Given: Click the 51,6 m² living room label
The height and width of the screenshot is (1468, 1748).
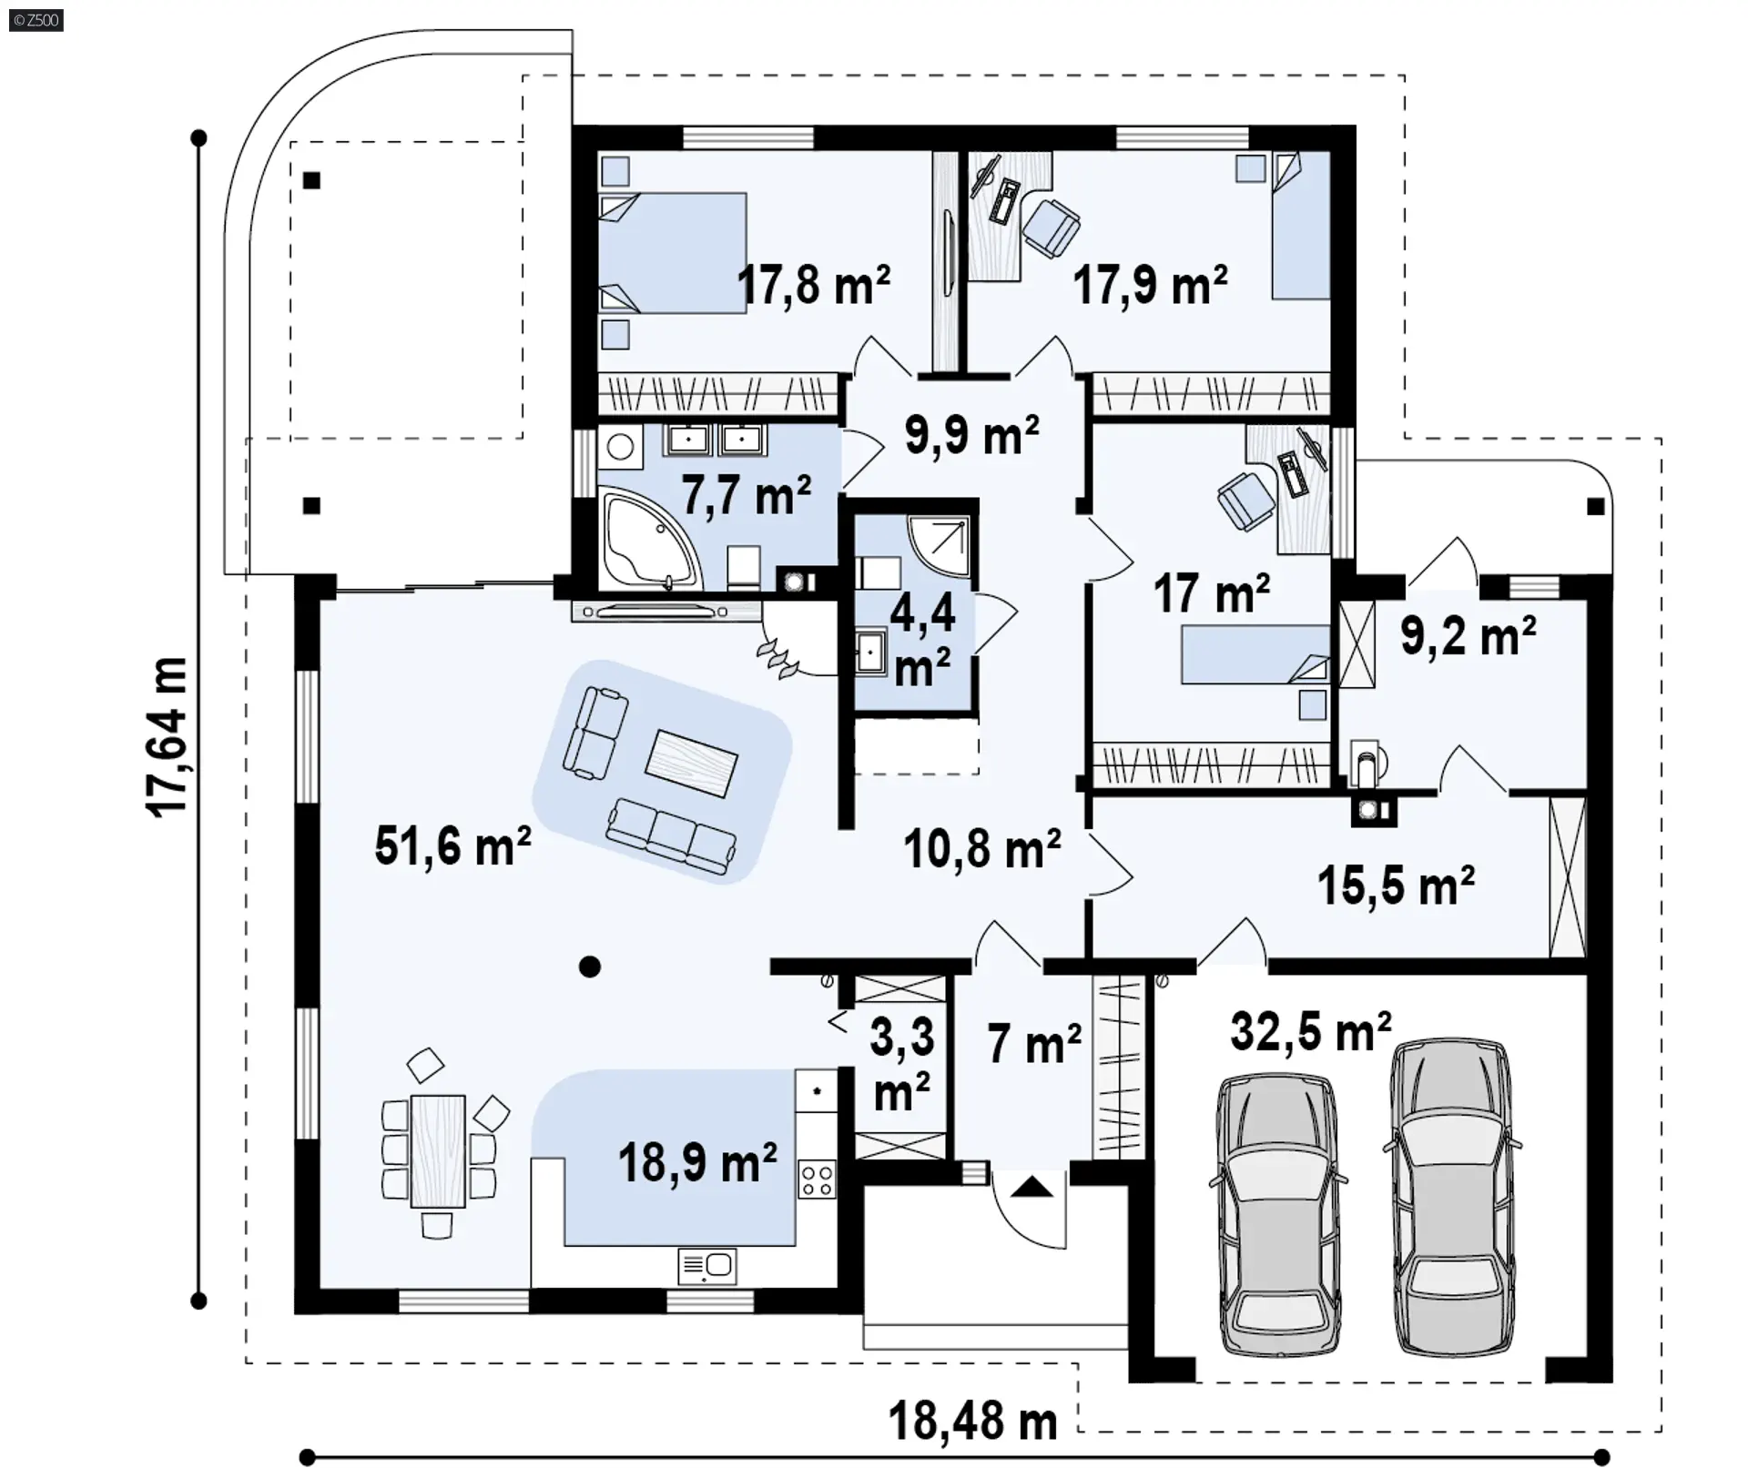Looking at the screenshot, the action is click(452, 845).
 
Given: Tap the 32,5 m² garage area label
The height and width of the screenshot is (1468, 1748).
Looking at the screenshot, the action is click(1311, 1031).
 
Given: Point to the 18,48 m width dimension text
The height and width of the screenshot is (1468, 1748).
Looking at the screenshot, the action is click(972, 1421).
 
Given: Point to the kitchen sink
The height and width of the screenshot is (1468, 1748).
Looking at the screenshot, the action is click(707, 1266).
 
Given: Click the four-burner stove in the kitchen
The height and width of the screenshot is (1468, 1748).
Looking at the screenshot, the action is click(817, 1179).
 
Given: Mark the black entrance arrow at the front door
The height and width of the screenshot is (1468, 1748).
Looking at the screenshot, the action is click(1032, 1187).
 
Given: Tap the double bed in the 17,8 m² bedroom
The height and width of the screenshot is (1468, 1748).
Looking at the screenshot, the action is click(673, 253).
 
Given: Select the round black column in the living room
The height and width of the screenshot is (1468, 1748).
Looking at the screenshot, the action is click(590, 967).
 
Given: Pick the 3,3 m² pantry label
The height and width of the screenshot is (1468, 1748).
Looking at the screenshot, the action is click(902, 1065).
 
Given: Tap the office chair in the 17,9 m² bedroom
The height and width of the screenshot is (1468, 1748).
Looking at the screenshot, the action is click(1051, 227).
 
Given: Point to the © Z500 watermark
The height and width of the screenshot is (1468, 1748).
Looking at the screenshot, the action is click(36, 19).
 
